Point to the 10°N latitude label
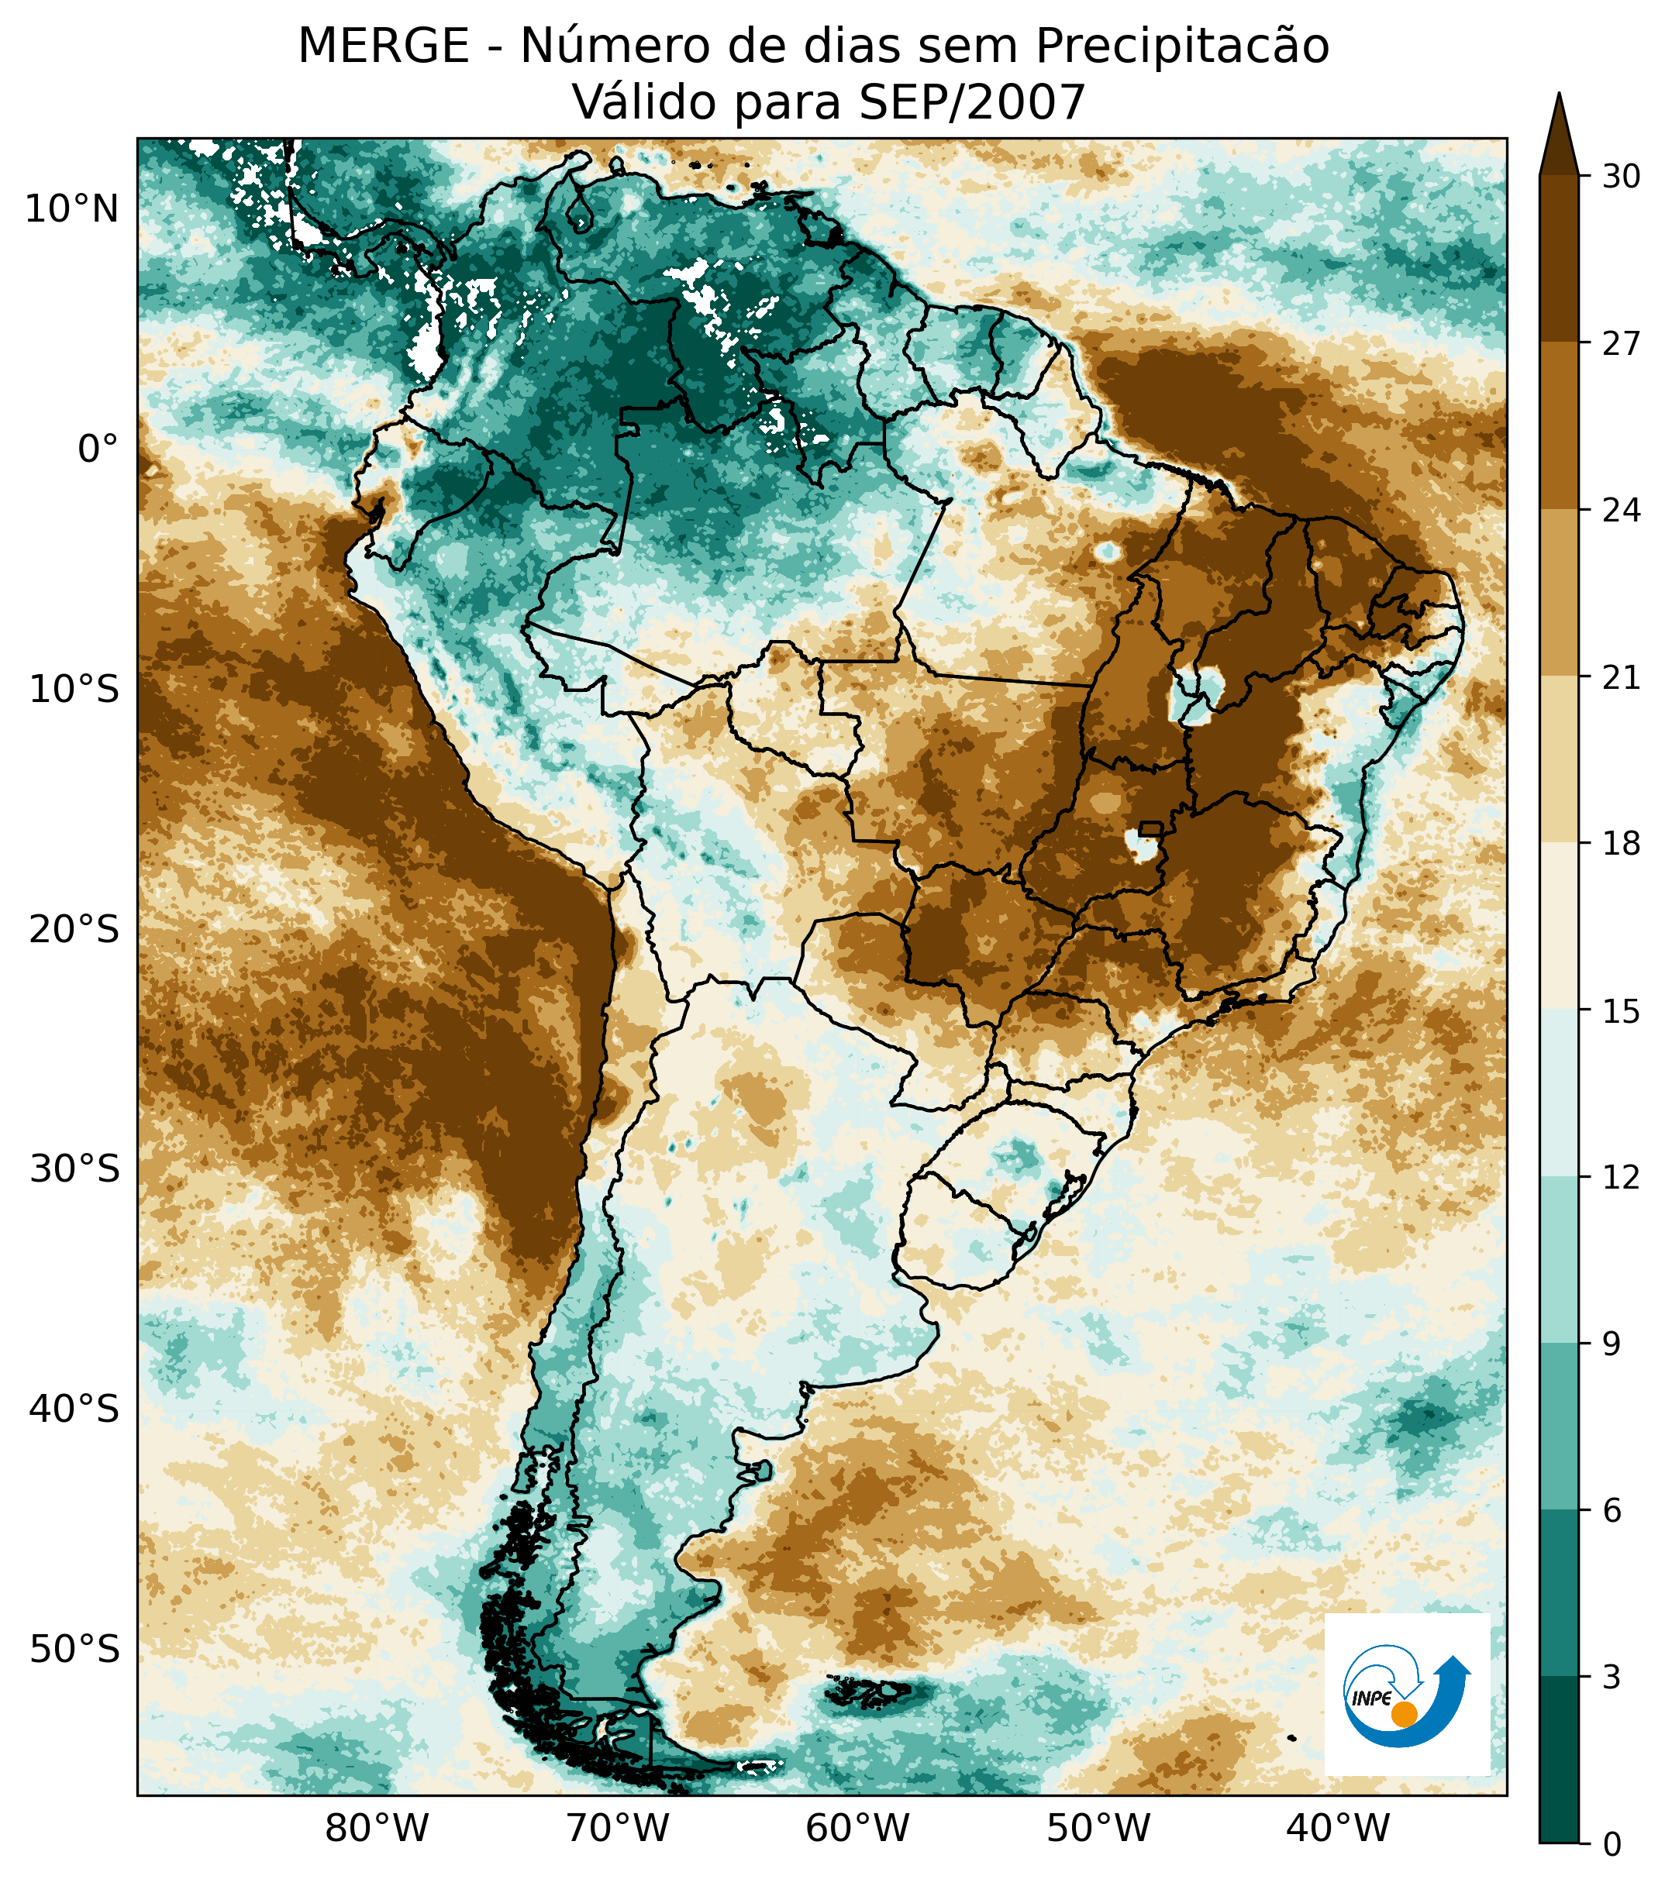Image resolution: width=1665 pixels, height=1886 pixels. tap(72, 211)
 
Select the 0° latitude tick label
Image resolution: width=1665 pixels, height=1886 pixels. tap(98, 449)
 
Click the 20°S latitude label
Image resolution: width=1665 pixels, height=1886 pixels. tap(74, 930)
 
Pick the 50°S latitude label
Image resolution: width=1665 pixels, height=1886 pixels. tap(74, 1649)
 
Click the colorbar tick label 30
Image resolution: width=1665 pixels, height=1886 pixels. tap(1621, 176)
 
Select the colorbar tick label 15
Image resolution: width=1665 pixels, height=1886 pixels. tap(1621, 1012)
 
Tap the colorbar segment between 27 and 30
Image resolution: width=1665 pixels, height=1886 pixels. tap(1559, 258)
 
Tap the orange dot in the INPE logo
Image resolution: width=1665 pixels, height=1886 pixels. tap(1404, 1715)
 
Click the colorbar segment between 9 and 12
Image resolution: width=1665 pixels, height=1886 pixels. tap(1559, 1261)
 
